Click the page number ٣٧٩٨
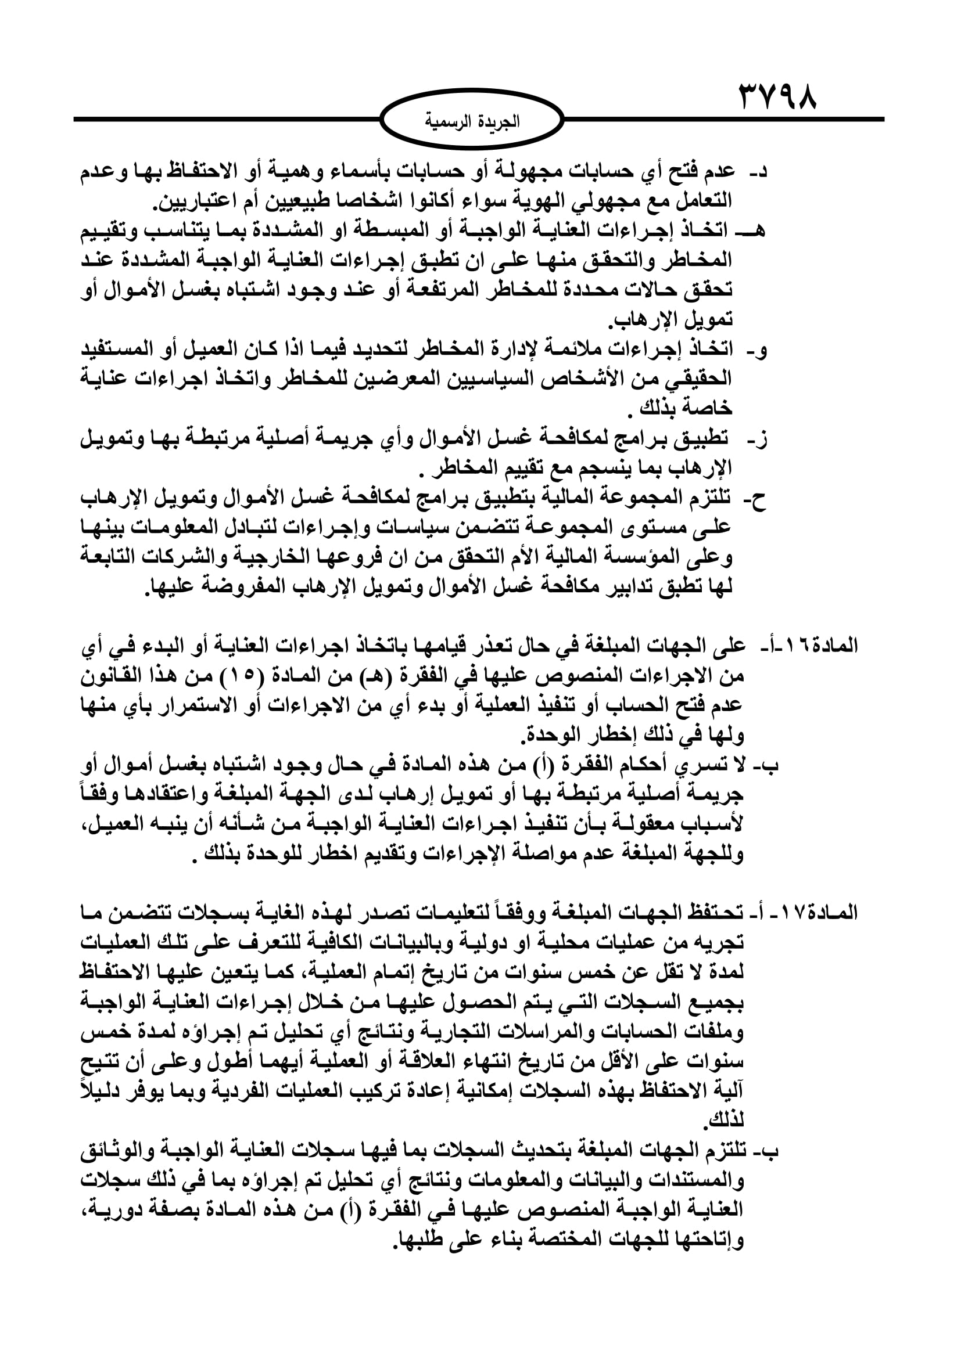777,99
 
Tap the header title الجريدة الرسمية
472,122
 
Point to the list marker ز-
756,441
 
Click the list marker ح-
758,500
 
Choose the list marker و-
758,351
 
